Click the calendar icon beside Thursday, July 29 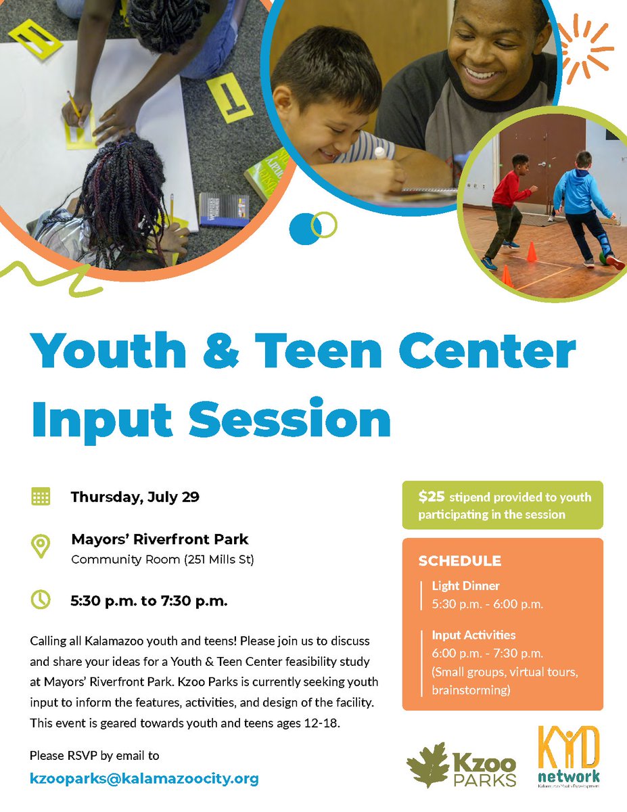click(41, 497)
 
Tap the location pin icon click(41, 545)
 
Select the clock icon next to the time click(41, 599)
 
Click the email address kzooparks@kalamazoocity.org click(144, 779)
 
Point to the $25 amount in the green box click(432, 497)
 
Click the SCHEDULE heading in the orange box click(459, 561)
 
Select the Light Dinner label click(465, 586)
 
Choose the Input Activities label click(473, 635)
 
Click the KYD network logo click(568, 756)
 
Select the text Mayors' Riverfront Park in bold click(160, 540)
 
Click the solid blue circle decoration click(304, 229)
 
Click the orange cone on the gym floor click(532, 252)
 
